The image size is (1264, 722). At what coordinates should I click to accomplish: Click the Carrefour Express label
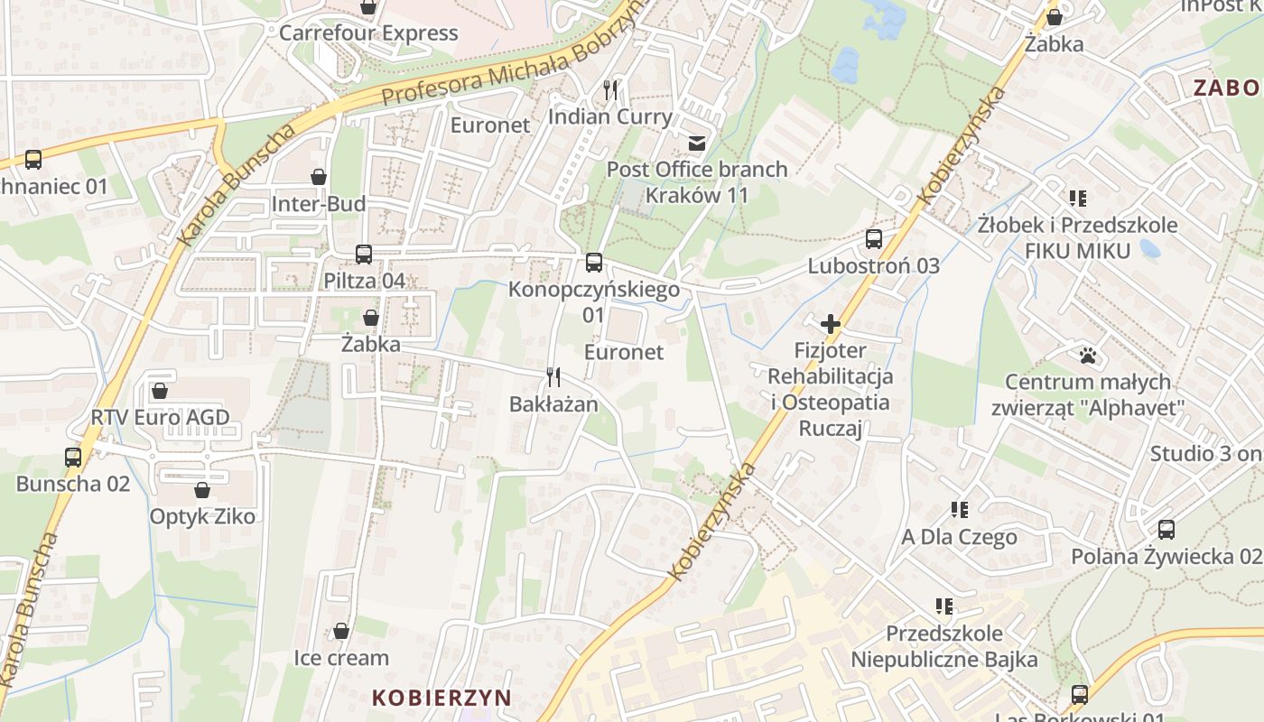(x=368, y=33)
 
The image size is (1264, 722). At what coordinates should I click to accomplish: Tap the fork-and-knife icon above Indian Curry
(x=610, y=89)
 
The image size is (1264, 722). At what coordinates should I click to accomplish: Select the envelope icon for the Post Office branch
(x=696, y=143)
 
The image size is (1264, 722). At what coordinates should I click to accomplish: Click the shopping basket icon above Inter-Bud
(x=319, y=176)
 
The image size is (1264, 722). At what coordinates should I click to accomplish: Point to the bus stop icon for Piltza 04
(x=364, y=255)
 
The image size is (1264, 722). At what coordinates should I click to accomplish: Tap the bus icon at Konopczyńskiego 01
(x=593, y=263)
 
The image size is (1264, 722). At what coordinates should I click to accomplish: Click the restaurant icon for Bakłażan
(x=553, y=376)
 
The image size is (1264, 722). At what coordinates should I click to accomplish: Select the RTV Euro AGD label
(x=160, y=418)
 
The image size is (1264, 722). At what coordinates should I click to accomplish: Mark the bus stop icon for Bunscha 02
(x=73, y=457)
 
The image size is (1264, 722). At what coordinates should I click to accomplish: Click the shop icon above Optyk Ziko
(x=202, y=490)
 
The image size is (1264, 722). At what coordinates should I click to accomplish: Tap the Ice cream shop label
(x=341, y=658)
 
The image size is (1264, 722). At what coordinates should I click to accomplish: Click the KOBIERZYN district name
(x=441, y=698)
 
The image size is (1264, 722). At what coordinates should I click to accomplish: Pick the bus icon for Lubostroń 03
(x=873, y=239)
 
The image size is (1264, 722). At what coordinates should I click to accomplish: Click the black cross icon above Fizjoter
(x=831, y=324)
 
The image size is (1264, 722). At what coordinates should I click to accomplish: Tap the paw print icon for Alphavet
(x=1087, y=356)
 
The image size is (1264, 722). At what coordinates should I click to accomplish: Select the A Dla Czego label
(x=959, y=537)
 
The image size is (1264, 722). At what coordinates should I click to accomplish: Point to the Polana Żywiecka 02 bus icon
(x=1166, y=530)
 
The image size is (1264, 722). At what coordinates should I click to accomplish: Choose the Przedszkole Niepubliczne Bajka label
(x=943, y=646)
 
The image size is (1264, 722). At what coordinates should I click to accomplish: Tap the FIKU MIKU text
(x=1077, y=251)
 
